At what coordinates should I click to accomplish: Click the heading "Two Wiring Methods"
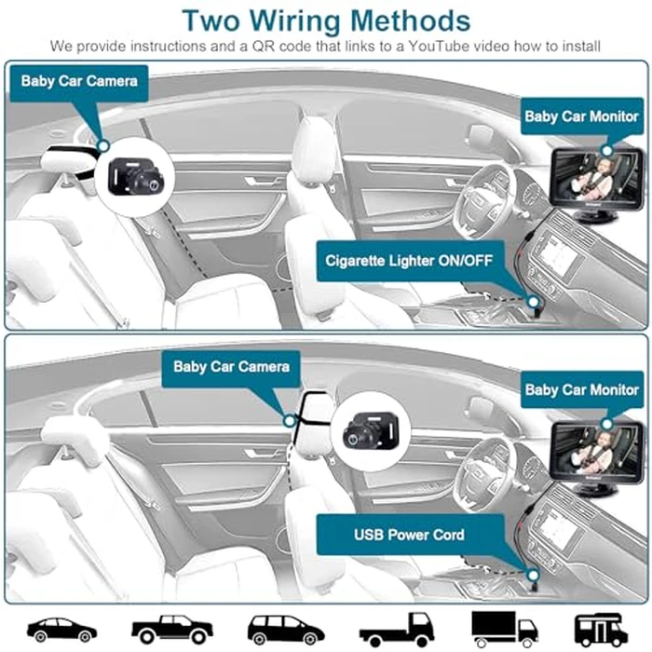tap(325, 20)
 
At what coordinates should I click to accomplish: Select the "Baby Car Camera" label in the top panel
tap(79, 81)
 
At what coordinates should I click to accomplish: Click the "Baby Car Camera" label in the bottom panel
tap(231, 366)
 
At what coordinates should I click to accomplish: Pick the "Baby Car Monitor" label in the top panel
tap(581, 117)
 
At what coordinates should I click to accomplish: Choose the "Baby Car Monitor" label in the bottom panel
tap(581, 388)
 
